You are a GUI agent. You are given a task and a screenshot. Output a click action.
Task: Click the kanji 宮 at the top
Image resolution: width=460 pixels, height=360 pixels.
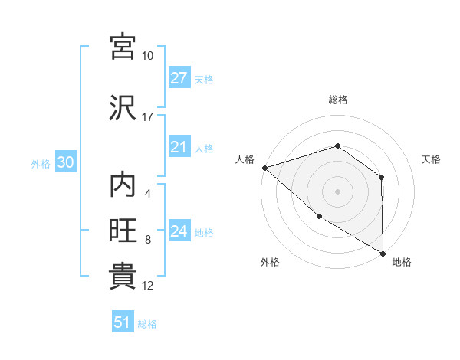[123, 47]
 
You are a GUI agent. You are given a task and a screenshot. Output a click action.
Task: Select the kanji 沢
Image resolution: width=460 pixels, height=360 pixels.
[123, 108]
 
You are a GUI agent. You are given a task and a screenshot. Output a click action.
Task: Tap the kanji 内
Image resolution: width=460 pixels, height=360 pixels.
[123, 186]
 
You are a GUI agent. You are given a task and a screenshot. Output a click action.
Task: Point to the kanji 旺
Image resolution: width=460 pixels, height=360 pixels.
[123, 231]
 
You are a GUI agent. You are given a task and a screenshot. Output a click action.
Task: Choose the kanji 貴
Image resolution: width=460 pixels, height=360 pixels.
[123, 275]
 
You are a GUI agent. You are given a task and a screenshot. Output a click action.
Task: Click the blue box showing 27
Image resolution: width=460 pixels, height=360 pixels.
[179, 78]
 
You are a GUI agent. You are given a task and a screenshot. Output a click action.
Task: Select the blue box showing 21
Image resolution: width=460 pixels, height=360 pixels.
[179, 148]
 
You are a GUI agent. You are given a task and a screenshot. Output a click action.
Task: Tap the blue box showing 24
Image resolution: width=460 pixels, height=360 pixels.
[179, 231]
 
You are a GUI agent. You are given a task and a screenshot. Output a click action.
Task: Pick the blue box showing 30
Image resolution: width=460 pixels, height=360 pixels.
[64, 162]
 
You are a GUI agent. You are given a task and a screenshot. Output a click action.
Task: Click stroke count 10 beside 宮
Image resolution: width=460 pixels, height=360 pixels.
[147, 56]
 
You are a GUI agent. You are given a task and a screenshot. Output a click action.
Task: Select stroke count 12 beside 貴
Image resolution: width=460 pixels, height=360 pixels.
[148, 285]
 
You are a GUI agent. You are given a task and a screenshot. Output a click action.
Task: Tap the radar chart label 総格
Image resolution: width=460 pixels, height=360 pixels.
[337, 100]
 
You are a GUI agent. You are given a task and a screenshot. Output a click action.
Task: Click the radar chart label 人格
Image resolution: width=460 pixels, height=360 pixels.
[245, 159]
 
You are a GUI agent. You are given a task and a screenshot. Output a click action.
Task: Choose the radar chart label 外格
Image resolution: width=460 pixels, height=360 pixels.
[270, 262]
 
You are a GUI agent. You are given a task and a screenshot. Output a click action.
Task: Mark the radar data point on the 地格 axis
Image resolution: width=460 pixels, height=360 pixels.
[383, 253]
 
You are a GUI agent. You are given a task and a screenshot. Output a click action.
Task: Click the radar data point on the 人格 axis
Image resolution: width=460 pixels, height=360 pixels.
[264, 168]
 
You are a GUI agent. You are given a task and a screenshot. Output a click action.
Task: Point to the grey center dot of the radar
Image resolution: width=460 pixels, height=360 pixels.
[337, 191]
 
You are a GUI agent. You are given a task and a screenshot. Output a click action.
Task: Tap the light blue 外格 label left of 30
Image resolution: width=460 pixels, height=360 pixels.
[41, 163]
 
